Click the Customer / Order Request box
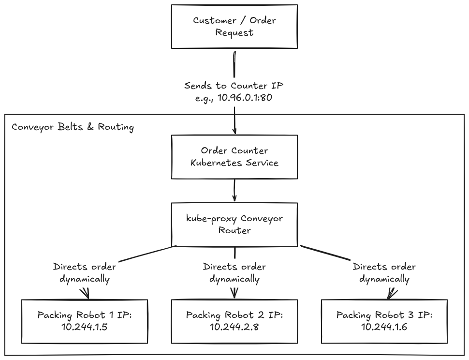pyautogui.click(x=234, y=26)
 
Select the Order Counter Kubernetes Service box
pyautogui.click(x=234, y=157)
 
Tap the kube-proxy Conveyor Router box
pyautogui.click(x=234, y=225)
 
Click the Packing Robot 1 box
pyautogui.click(x=85, y=321)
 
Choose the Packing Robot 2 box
pyautogui.click(x=234, y=321)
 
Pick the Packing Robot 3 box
pyautogui.click(x=384, y=321)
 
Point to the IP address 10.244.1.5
pyautogui.click(x=84, y=327)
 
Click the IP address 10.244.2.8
pyautogui.click(x=234, y=327)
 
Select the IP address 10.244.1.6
pyautogui.click(x=384, y=327)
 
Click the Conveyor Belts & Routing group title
pyautogui.click(x=73, y=127)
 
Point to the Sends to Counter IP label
pyautogui.click(x=234, y=86)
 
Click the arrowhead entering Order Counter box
pyautogui.click(x=234, y=132)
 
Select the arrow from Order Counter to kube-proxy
pyautogui.click(x=234, y=191)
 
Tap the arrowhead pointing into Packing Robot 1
pyautogui.click(x=86, y=294)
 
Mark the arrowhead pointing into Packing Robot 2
pyautogui.click(x=234, y=293)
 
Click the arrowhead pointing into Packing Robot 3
pyautogui.click(x=392, y=294)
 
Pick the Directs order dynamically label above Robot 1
pyautogui.click(x=85, y=272)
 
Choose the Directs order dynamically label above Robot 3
pyautogui.click(x=384, y=272)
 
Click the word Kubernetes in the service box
pyautogui.click(x=216, y=163)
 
